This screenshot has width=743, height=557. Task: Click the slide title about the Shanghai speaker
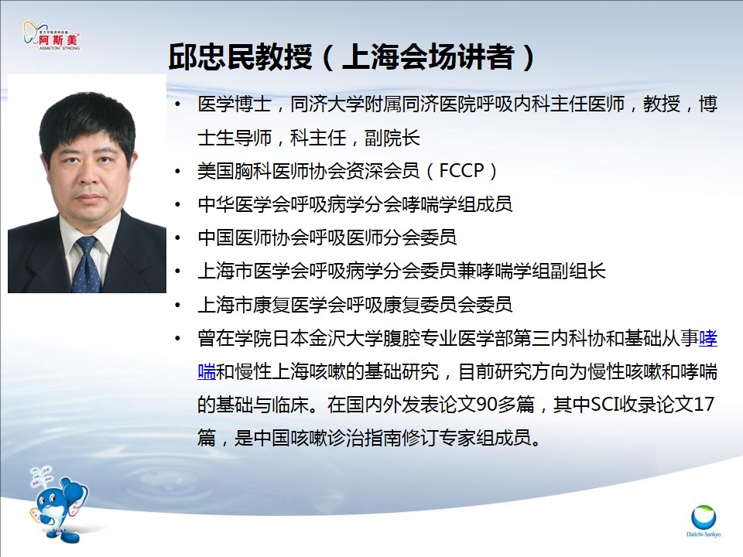352,58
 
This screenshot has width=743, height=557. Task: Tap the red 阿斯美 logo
52,35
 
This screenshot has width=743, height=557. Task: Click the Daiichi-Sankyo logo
704,521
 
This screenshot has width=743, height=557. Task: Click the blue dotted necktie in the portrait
86,265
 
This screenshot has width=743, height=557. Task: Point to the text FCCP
461,170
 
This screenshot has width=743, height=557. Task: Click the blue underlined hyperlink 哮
708,338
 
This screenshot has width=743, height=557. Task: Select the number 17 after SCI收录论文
704,405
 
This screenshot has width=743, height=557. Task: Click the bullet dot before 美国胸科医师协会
178,171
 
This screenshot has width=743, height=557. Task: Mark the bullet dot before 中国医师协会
178,237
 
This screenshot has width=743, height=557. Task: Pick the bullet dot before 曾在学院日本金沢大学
178,338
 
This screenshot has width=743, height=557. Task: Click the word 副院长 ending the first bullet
392,138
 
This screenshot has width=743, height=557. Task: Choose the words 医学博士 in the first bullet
235,104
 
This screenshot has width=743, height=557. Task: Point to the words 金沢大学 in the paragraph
346,338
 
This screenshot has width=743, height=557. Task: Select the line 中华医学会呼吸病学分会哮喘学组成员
355,204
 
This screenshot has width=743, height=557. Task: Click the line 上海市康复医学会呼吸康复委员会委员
355,305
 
